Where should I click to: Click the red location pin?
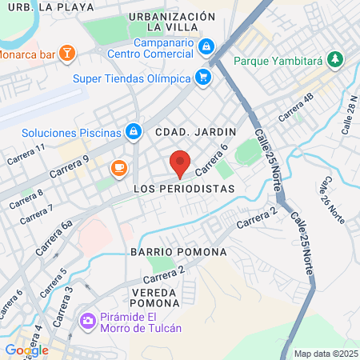(181, 163)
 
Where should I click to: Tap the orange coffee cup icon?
(119, 167)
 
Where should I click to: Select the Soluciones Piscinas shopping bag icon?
(134, 131)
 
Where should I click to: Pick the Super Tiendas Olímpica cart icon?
(203, 78)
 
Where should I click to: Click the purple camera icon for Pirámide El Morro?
(87, 321)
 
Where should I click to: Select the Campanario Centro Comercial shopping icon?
(207, 46)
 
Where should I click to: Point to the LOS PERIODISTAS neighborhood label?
(185, 189)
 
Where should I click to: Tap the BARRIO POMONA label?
(178, 251)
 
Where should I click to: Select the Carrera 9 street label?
(68, 167)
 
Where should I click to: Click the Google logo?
(26, 350)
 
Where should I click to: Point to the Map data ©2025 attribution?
(326, 354)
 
